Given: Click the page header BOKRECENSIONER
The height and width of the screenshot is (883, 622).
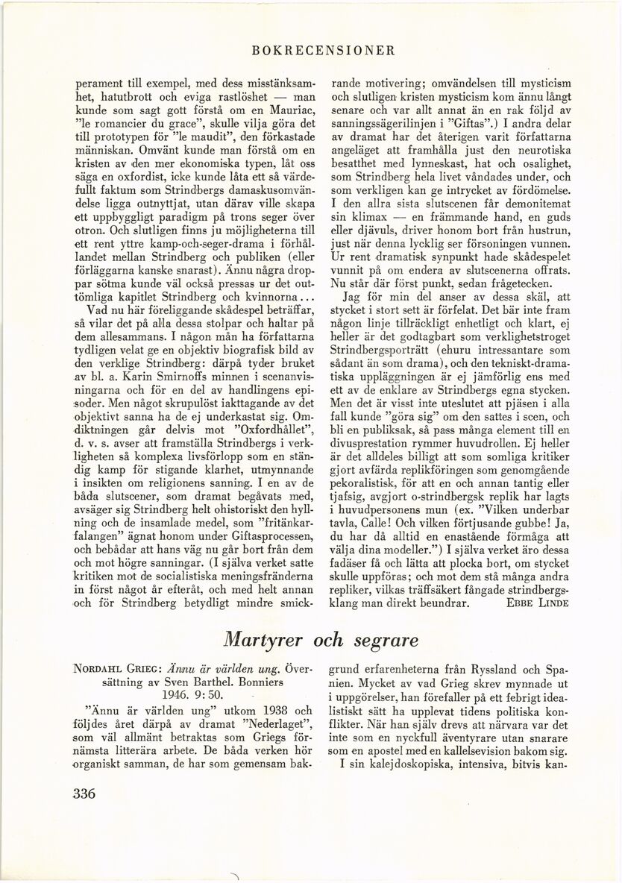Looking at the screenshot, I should pos(323,51).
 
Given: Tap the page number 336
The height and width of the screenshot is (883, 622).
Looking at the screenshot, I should pos(92,794).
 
